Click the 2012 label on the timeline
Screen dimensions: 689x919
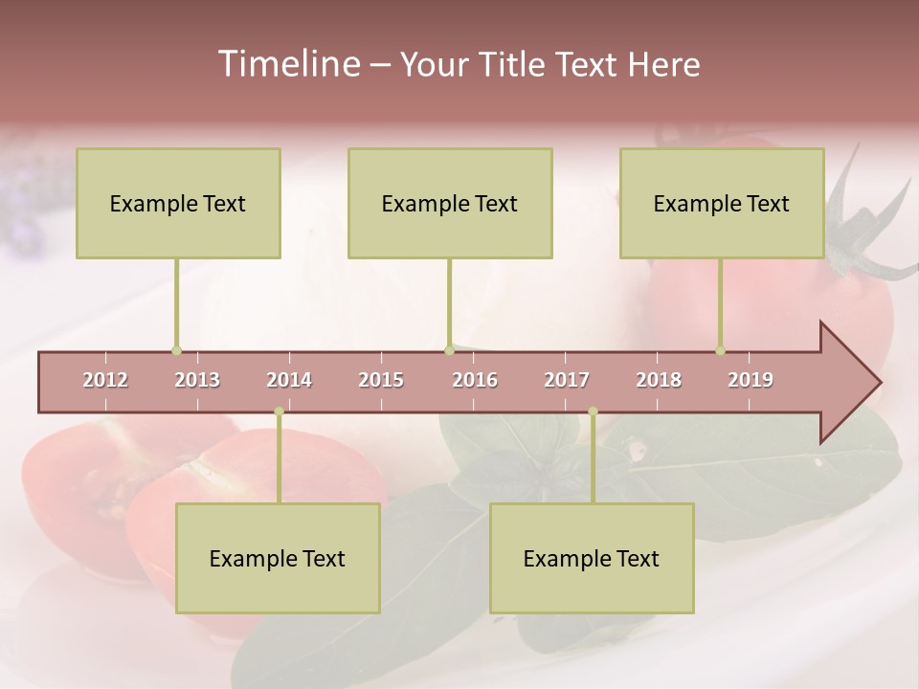(x=105, y=380)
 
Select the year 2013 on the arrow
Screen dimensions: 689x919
(x=197, y=380)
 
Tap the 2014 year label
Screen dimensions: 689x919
(x=289, y=380)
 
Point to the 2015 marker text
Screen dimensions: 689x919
(x=381, y=380)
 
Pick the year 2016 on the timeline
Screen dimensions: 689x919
(x=475, y=380)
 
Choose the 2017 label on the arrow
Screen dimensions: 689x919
(x=567, y=380)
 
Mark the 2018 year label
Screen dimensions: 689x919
(x=659, y=380)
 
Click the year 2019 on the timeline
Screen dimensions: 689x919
(x=751, y=380)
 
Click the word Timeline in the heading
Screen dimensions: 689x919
(x=287, y=64)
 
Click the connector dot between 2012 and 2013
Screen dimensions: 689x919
(x=176, y=350)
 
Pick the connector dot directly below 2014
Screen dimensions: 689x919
(x=279, y=411)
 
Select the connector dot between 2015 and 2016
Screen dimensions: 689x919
(x=449, y=350)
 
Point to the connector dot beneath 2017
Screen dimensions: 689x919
(x=593, y=411)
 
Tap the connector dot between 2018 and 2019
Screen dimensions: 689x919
(x=720, y=350)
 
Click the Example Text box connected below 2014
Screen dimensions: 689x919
(x=278, y=558)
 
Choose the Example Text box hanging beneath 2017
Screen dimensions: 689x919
(x=592, y=558)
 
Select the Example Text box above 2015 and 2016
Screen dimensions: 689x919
(x=450, y=203)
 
